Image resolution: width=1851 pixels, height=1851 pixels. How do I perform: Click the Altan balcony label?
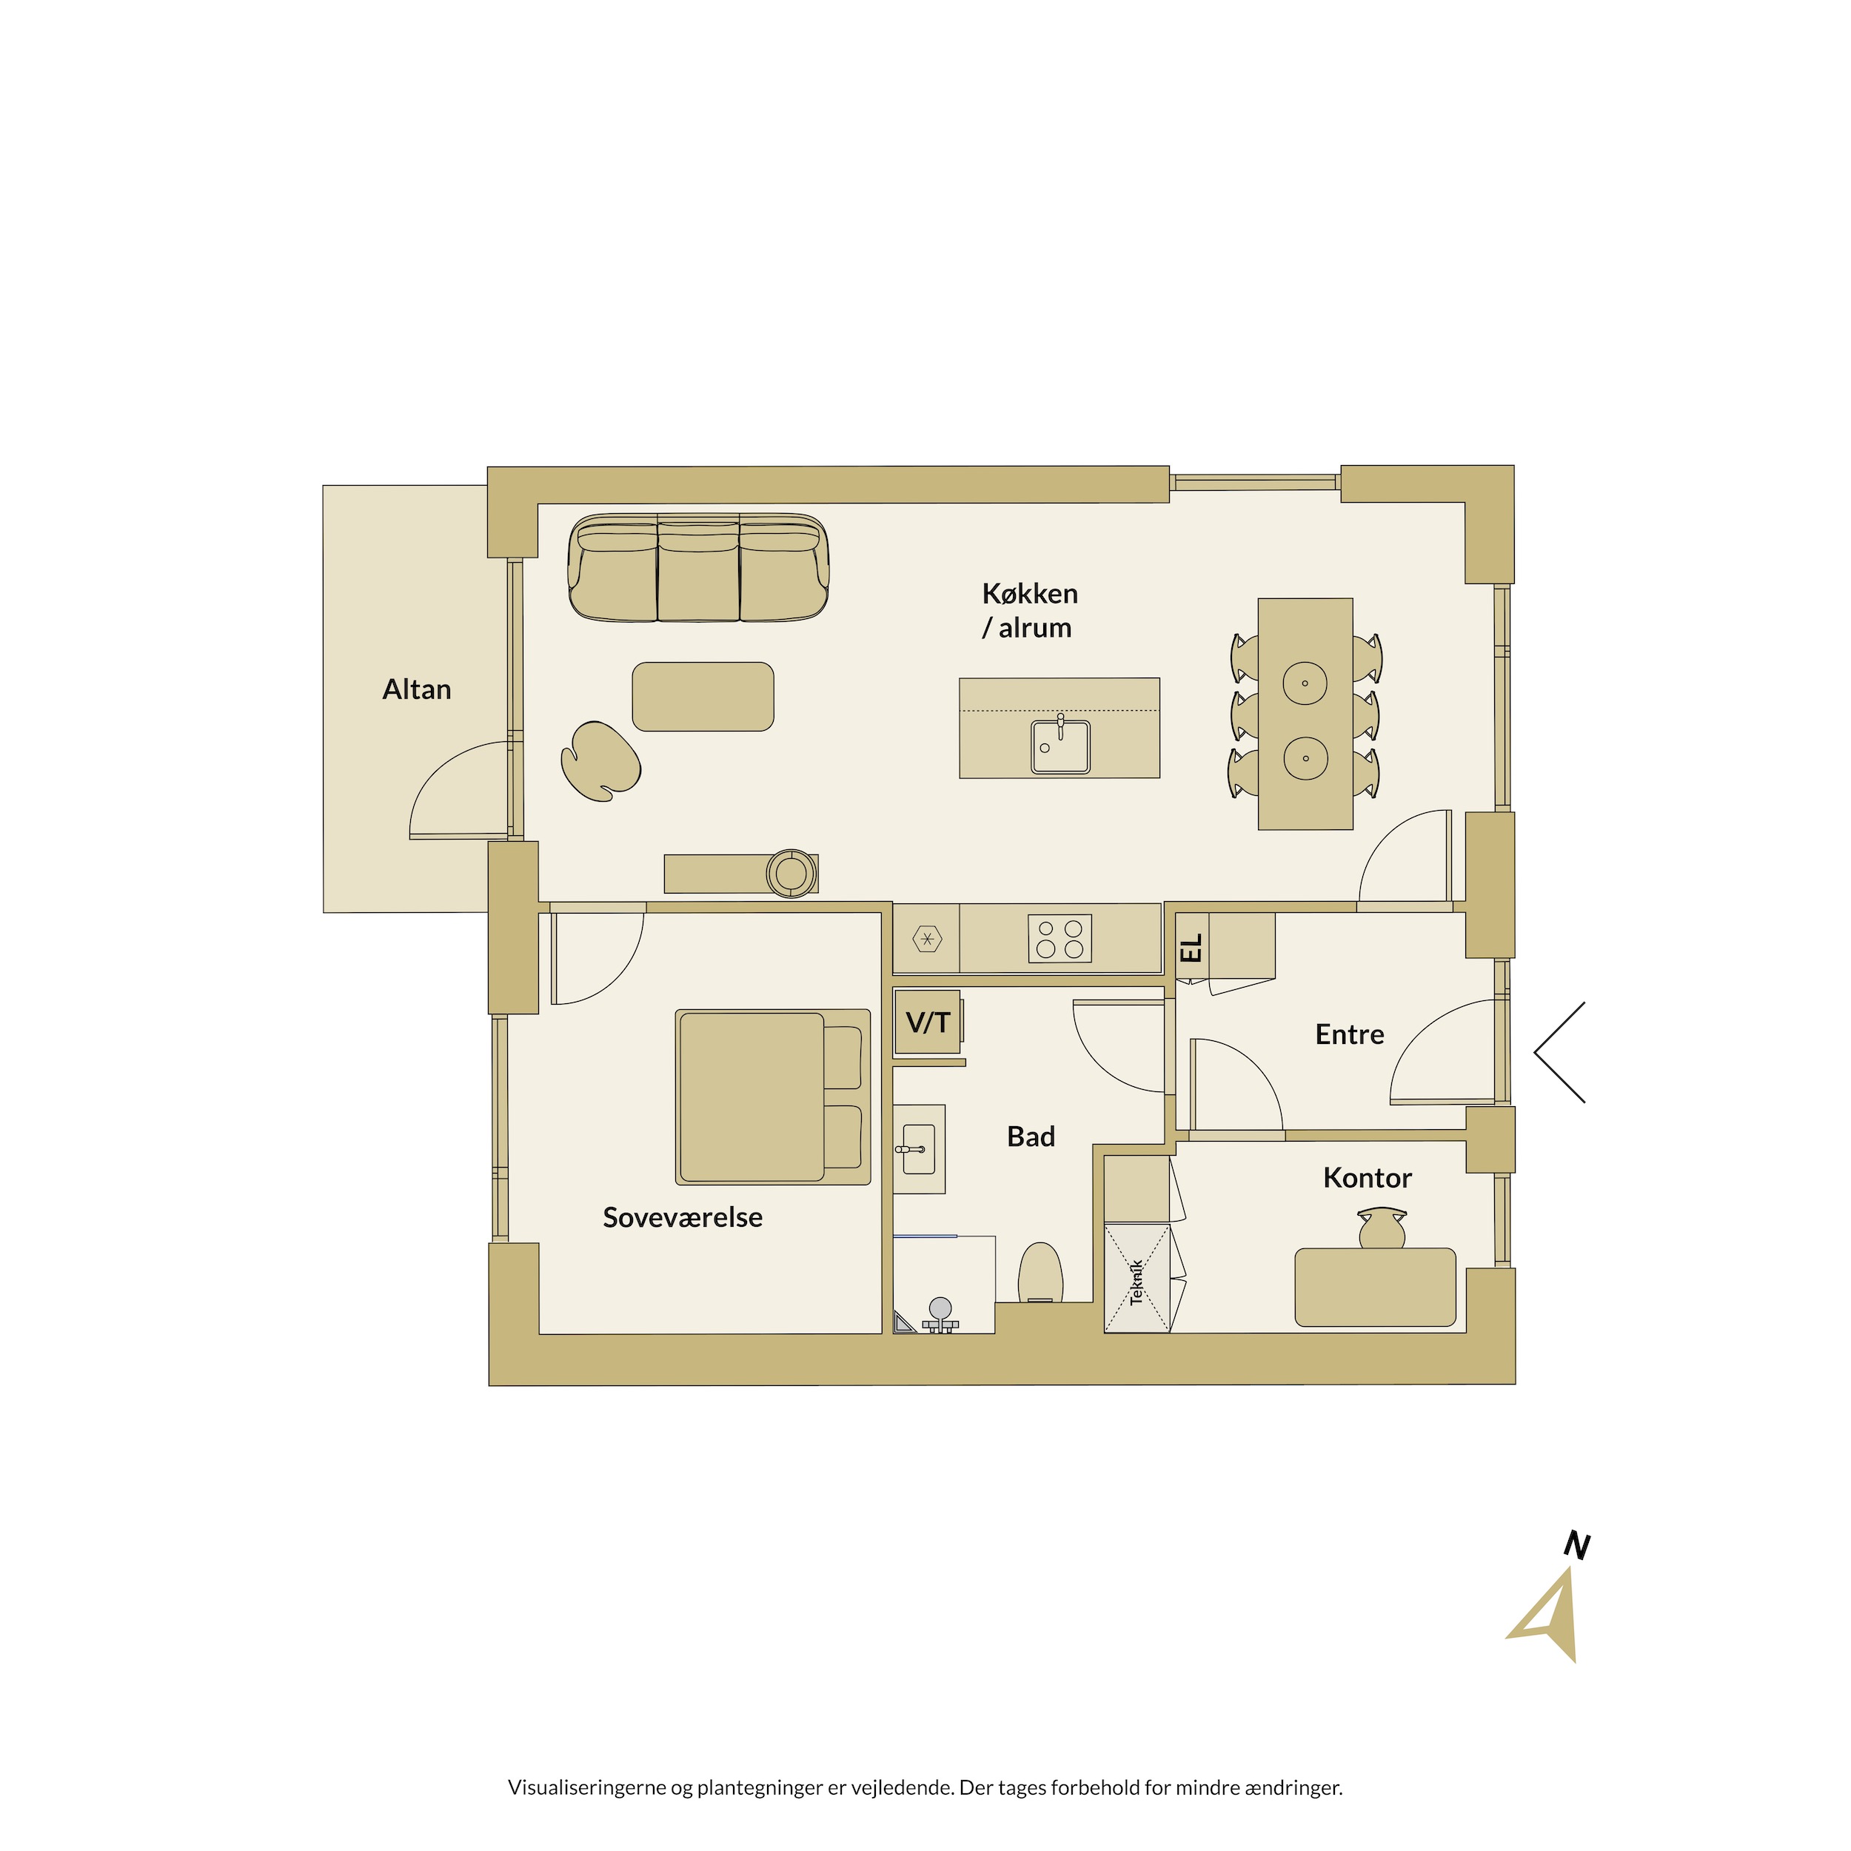417,690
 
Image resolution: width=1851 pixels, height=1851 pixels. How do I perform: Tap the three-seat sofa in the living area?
698,568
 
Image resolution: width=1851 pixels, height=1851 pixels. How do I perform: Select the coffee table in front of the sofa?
703,697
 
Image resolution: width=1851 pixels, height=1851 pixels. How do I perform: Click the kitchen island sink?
1060,746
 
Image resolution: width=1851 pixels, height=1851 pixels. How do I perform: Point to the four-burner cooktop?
1060,939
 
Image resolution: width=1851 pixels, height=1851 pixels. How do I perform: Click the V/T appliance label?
928,1022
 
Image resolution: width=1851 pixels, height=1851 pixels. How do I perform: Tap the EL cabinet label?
1191,948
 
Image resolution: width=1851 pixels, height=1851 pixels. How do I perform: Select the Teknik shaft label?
1137,1282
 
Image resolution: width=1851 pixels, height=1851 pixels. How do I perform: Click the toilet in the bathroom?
1040,1272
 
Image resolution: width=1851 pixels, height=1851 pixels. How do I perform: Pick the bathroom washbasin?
920,1149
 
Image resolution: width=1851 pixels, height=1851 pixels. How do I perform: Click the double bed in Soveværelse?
773,1097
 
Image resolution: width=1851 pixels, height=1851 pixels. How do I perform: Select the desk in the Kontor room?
1375,1287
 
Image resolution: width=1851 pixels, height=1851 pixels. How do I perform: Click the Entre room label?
1349,1035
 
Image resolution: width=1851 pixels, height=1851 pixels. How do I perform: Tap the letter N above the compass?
1577,1545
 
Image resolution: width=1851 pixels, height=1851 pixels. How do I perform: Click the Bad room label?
1031,1137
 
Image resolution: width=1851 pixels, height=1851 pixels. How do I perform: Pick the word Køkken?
1030,594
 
